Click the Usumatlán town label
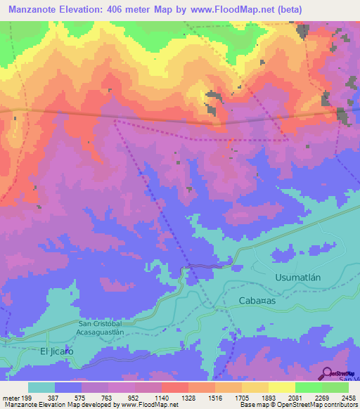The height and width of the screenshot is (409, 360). point(297,278)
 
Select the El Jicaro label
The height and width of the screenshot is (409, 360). point(57,351)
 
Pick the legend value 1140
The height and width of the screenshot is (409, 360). point(162,397)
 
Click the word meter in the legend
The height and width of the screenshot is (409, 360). point(10,397)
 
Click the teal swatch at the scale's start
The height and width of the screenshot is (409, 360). point(41,387)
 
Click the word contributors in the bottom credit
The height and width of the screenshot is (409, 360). point(340,405)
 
